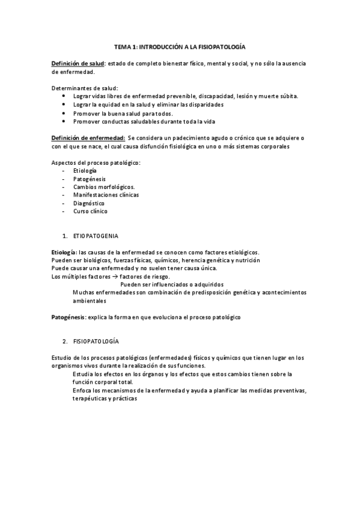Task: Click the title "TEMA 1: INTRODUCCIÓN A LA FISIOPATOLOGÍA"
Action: (180, 46)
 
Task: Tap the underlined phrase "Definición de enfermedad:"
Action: (88, 138)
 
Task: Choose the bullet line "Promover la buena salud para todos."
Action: (123, 112)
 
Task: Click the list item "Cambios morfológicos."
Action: (103, 187)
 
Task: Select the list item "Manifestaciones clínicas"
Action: (106, 195)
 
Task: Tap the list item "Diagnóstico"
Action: (88, 203)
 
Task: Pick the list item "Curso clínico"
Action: (90, 212)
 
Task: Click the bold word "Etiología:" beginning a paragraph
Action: (64, 252)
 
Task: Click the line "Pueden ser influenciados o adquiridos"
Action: (172, 284)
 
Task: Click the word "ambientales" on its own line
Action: (90, 300)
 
